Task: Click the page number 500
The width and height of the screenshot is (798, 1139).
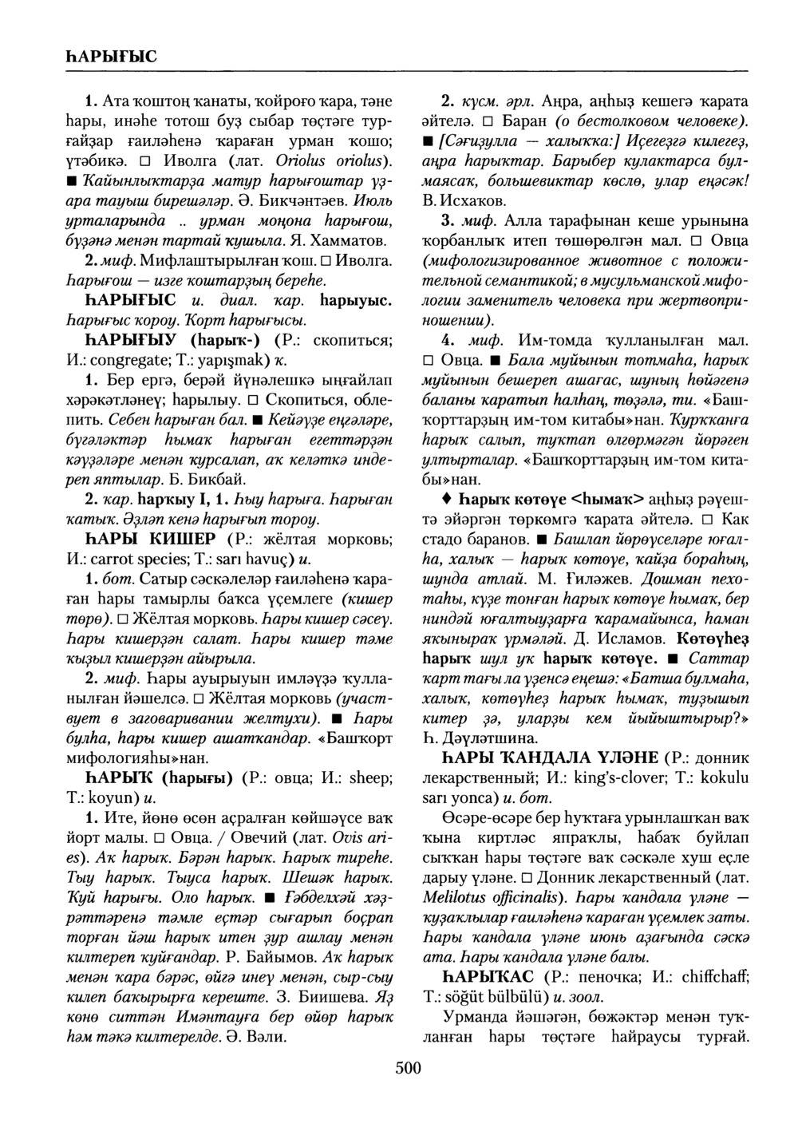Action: pos(407,1069)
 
